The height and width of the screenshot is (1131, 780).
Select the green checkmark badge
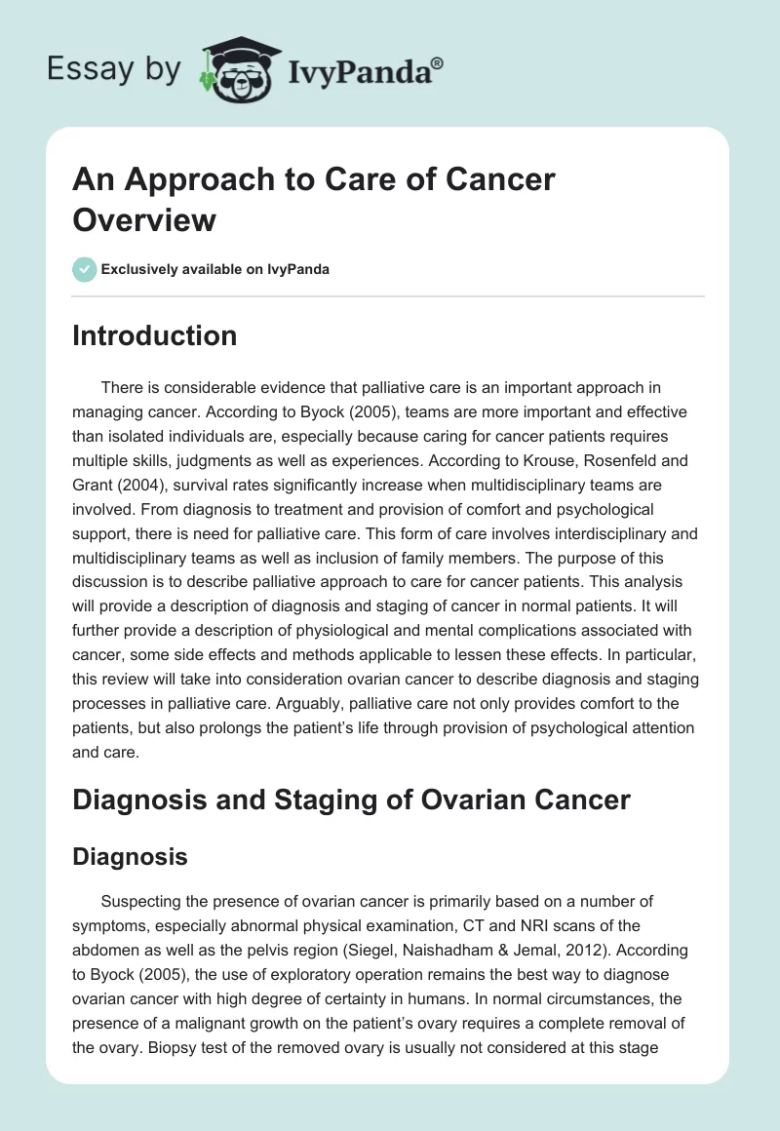[x=85, y=269]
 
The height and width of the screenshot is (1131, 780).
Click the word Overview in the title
[x=144, y=219]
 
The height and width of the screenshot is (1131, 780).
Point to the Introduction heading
[x=155, y=335]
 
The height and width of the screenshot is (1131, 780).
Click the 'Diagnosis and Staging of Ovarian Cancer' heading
[x=352, y=800]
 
